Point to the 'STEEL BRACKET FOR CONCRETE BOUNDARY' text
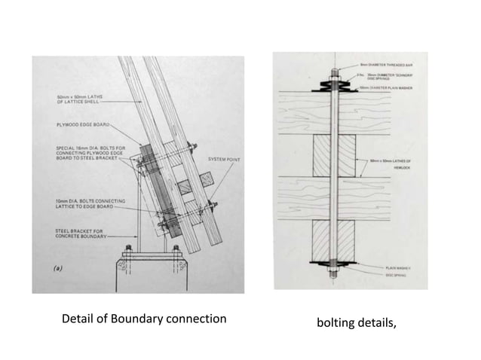pos(74,233)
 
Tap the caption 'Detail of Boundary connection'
pos(143,319)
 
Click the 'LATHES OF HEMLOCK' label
pos(395,163)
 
